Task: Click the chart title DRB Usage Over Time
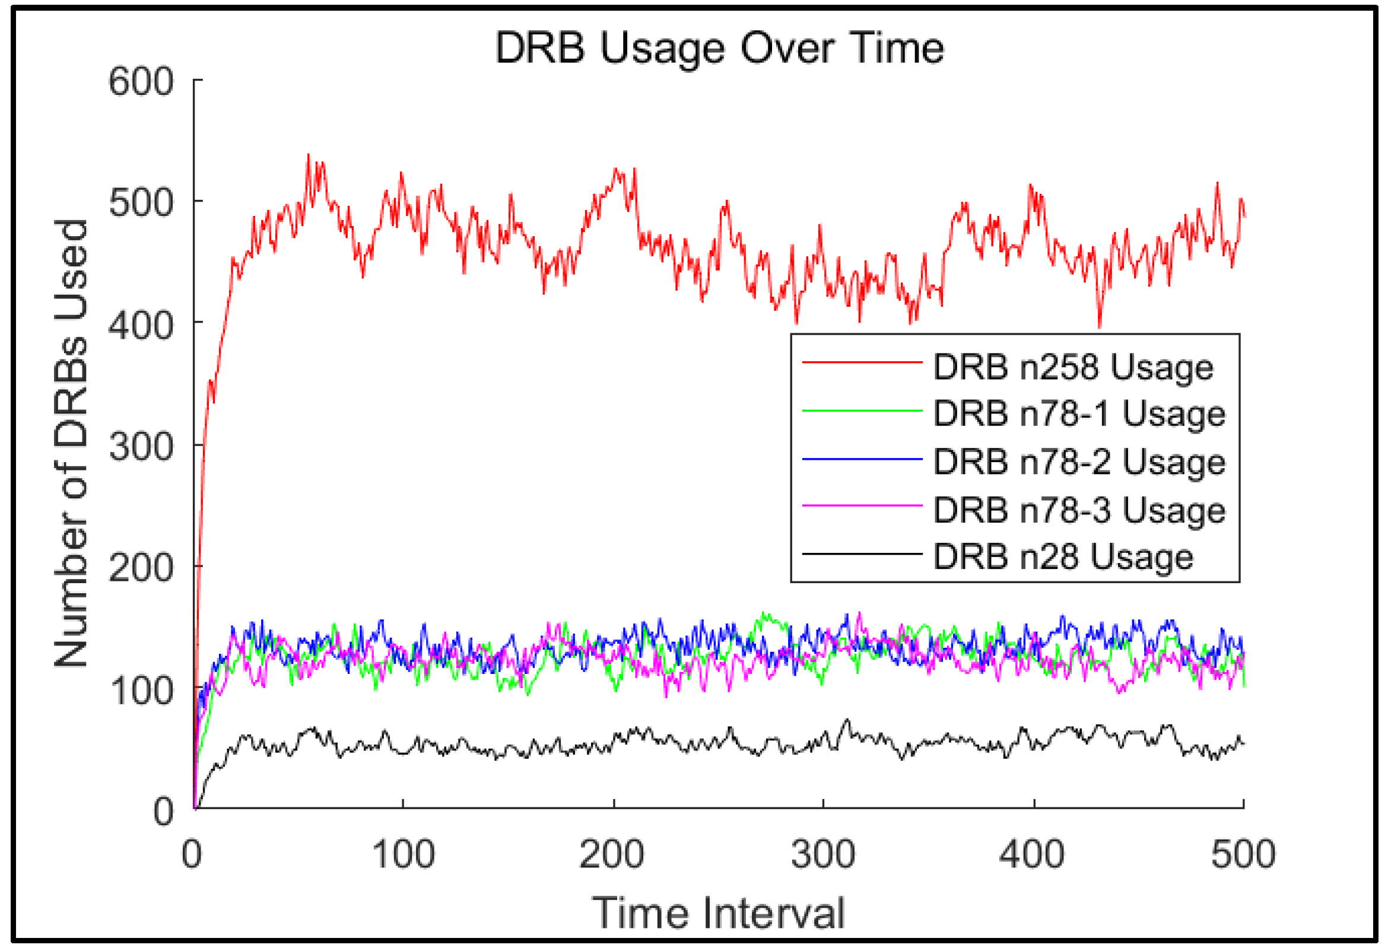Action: coord(719,48)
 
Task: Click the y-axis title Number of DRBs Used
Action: coord(71,443)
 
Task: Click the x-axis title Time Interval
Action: coord(719,913)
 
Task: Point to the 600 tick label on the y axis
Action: coord(141,81)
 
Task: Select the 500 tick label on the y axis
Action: coord(141,203)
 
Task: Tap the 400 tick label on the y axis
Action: coord(141,326)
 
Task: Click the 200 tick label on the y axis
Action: coord(141,568)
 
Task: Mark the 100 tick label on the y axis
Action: coord(141,691)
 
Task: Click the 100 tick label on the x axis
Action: coord(404,854)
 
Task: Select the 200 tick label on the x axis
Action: coord(612,854)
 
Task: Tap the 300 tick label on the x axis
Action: coord(823,854)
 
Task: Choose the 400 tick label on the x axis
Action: coord(1032,854)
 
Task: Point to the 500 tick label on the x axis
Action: coord(1243,854)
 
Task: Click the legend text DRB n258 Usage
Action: coord(1073,367)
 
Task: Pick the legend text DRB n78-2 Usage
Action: coord(1079,462)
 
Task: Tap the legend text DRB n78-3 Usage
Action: coord(1079,510)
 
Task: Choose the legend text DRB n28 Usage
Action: coord(1063,557)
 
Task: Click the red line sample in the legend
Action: coord(862,362)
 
